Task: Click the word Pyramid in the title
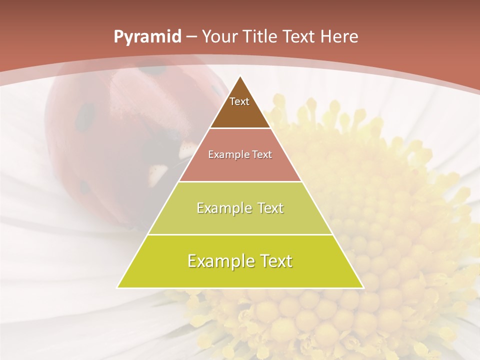click(147, 37)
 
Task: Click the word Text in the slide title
click(299, 36)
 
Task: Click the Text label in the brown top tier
click(239, 101)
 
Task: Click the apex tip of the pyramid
click(240, 76)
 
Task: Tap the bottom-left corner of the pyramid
click(117, 287)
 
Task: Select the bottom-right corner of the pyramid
click(363, 287)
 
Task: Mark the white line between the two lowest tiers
click(240, 234)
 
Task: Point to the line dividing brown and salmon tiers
click(240, 128)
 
